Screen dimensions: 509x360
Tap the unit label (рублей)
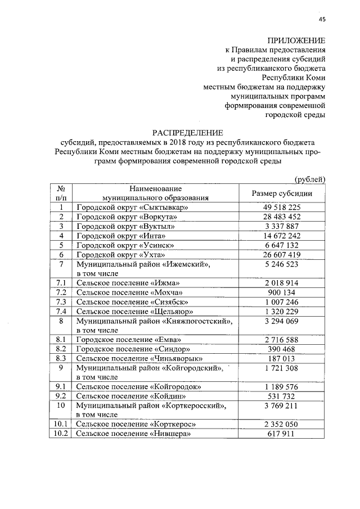[x=310, y=179]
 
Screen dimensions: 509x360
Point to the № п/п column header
[x=60, y=193]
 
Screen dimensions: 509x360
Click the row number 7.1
[x=60, y=282]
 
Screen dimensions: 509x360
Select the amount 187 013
[x=282, y=358]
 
